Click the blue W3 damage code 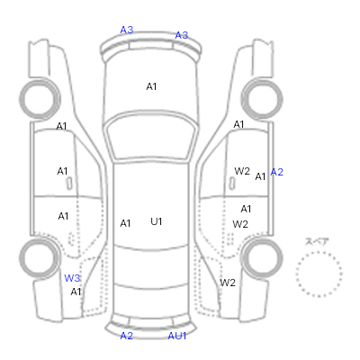(72, 278)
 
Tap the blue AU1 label (177, 336)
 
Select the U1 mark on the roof (157, 221)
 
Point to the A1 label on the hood (151, 86)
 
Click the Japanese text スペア (317, 241)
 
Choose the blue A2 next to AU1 (126, 336)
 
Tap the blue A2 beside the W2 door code (276, 172)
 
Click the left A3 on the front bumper (127, 30)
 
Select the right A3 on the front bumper (182, 35)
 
